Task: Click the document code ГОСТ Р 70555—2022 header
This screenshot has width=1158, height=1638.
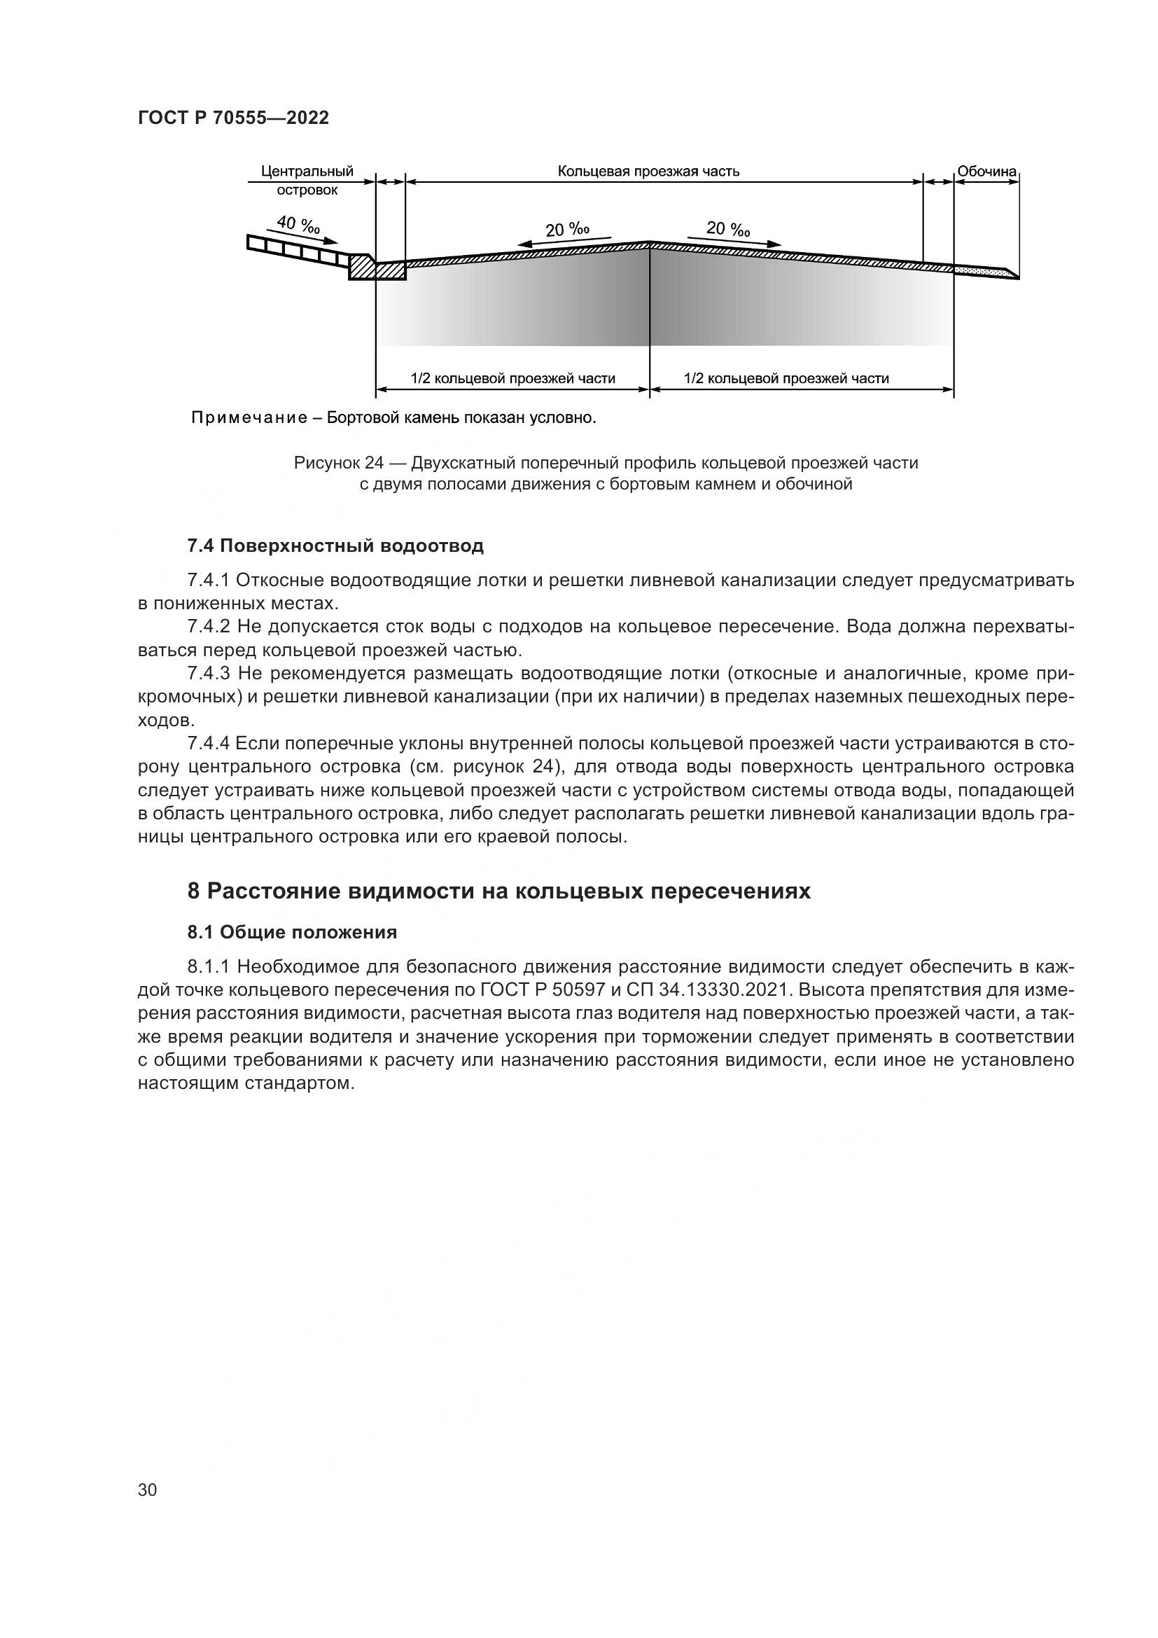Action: (233, 118)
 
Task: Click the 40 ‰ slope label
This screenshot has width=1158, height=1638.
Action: (298, 225)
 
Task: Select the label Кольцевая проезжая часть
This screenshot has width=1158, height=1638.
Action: (648, 171)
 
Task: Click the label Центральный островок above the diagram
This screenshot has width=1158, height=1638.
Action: (307, 181)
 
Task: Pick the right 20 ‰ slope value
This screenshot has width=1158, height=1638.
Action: (728, 228)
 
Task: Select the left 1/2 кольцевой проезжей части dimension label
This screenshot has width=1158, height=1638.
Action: (512, 378)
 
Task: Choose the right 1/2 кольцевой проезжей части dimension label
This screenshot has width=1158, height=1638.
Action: (786, 378)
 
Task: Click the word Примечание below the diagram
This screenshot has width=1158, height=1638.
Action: (248, 417)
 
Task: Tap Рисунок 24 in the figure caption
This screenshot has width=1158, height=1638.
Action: (339, 463)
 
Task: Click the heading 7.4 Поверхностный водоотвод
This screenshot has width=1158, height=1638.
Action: (335, 546)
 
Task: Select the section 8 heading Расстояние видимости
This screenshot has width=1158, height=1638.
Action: (499, 891)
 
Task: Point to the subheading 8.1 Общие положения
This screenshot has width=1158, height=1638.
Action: (292, 932)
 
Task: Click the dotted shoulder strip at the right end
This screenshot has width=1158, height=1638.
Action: (980, 270)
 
